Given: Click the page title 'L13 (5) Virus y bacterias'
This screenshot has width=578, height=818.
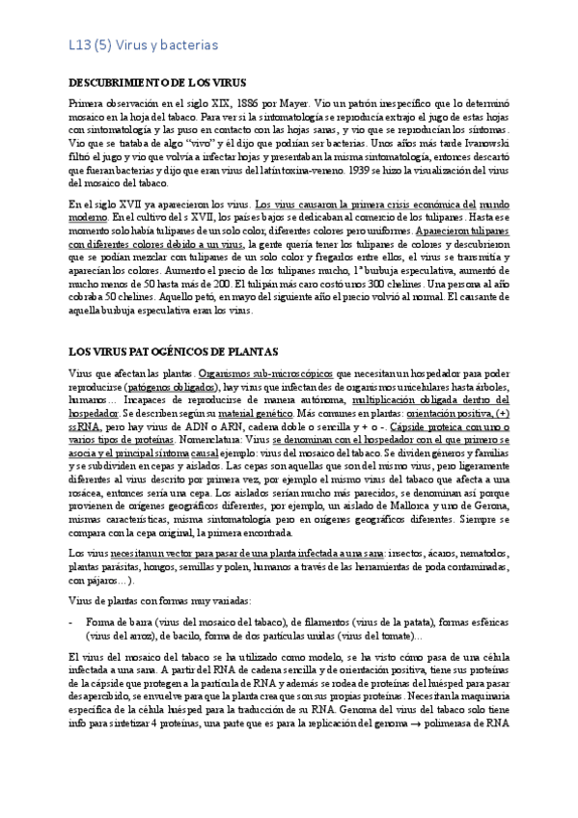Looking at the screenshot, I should (137, 43).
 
